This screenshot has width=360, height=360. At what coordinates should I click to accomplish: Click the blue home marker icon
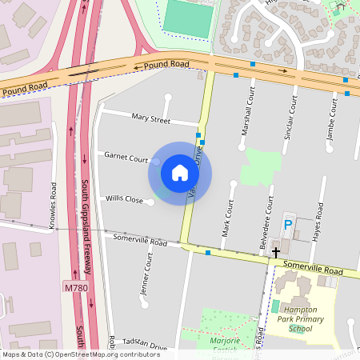click(180, 173)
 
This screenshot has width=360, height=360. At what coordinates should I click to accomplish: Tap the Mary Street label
click(151, 120)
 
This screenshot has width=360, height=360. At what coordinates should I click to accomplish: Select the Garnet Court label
click(126, 158)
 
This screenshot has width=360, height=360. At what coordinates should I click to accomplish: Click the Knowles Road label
click(54, 206)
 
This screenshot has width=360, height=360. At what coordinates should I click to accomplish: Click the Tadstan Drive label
click(146, 348)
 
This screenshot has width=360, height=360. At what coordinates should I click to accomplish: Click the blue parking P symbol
click(288, 226)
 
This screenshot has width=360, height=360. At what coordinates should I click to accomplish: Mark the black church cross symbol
click(276, 253)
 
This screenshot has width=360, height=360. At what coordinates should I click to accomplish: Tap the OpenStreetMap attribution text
click(80, 354)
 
